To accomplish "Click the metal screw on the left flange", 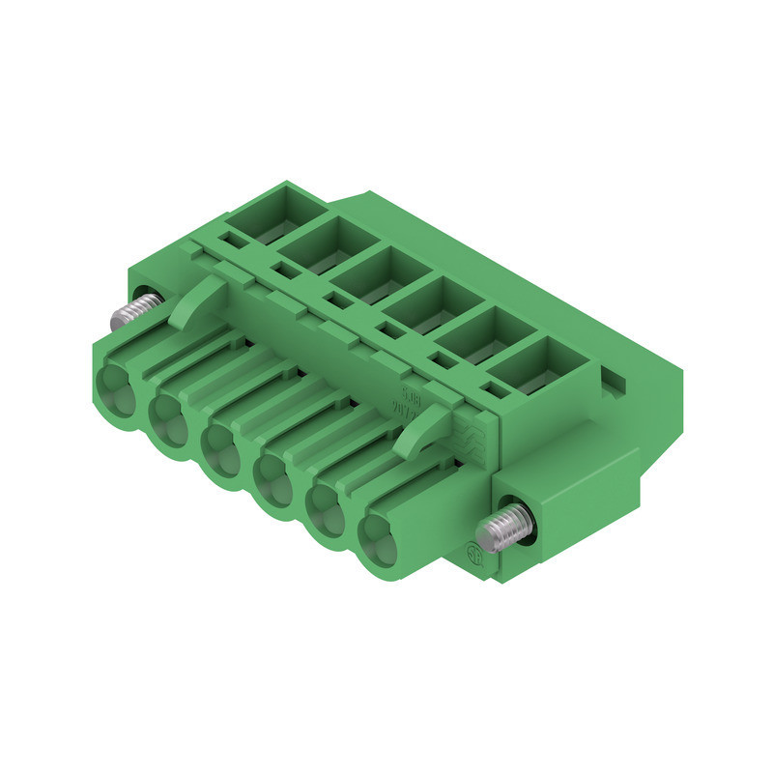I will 135,311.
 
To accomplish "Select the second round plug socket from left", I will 173,417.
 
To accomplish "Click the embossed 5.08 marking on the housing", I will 410,395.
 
